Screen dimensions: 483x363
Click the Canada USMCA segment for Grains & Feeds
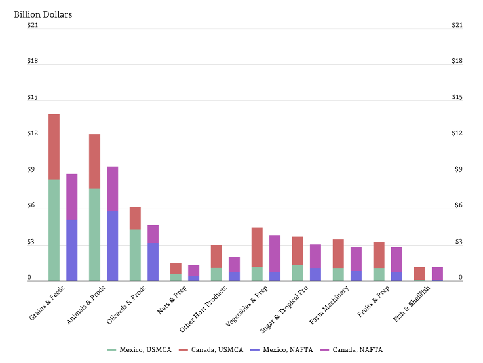pyautogui.click(x=54, y=147)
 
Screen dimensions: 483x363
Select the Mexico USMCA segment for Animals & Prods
pyautogui.click(x=94, y=235)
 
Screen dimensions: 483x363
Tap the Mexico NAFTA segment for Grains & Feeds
pyautogui.click(x=72, y=250)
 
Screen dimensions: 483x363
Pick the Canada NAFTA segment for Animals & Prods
pyautogui.click(x=113, y=189)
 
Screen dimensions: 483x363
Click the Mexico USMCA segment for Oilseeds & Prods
pyautogui.click(x=135, y=255)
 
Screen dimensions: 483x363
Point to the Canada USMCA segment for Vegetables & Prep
pyautogui.click(x=257, y=247)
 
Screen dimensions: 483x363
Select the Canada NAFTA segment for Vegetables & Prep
pyautogui.click(x=275, y=254)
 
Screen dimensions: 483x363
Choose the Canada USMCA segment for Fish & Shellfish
pyautogui.click(x=419, y=273)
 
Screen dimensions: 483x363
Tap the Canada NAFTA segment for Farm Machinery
pyautogui.click(x=356, y=259)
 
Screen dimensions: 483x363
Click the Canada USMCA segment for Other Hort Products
pyautogui.click(x=216, y=256)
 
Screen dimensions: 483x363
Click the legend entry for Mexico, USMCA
pyautogui.click(x=139, y=349)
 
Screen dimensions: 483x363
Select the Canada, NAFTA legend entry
pyautogui.click(x=351, y=349)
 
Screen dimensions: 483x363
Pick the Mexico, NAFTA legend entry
pyautogui.click(x=282, y=349)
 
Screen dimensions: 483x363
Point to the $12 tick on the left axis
pyautogui.click(x=33, y=133)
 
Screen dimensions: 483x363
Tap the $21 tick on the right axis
pyautogui.click(x=457, y=25)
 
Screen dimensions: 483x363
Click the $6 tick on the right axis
pyautogui.click(x=459, y=205)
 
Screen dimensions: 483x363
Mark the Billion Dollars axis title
pyautogui.click(x=43, y=14)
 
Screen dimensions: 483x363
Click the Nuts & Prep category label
pyautogui.click(x=172, y=300)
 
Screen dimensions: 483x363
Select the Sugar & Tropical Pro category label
pyautogui.click(x=284, y=309)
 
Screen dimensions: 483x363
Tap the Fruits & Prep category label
pyautogui.click(x=373, y=301)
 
